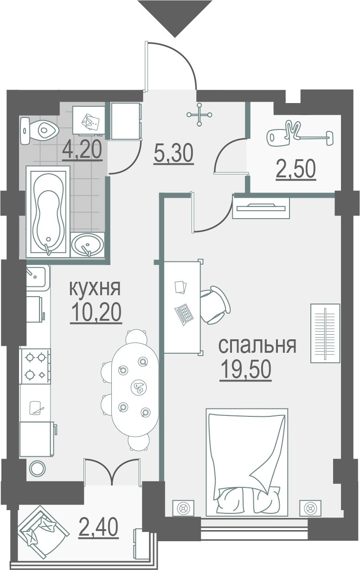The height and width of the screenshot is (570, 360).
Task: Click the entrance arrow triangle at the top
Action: [x=174, y=15]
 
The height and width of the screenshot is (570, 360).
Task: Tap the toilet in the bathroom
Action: [x=39, y=131]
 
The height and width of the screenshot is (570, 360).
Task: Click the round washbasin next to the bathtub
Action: [x=88, y=245]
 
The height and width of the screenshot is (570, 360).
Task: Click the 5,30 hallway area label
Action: [x=174, y=154]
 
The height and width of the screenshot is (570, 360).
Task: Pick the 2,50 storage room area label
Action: [x=296, y=170]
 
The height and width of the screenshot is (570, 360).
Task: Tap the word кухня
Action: [x=95, y=288]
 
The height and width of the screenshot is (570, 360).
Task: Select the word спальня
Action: [x=257, y=346]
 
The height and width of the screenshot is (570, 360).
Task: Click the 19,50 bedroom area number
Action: [x=246, y=370]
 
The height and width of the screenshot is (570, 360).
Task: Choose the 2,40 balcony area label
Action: [x=98, y=527]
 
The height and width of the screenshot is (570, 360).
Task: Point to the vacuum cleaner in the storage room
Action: [x=300, y=134]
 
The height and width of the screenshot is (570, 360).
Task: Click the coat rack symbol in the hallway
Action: [x=199, y=115]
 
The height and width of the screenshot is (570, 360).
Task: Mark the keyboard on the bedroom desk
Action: [x=184, y=314]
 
